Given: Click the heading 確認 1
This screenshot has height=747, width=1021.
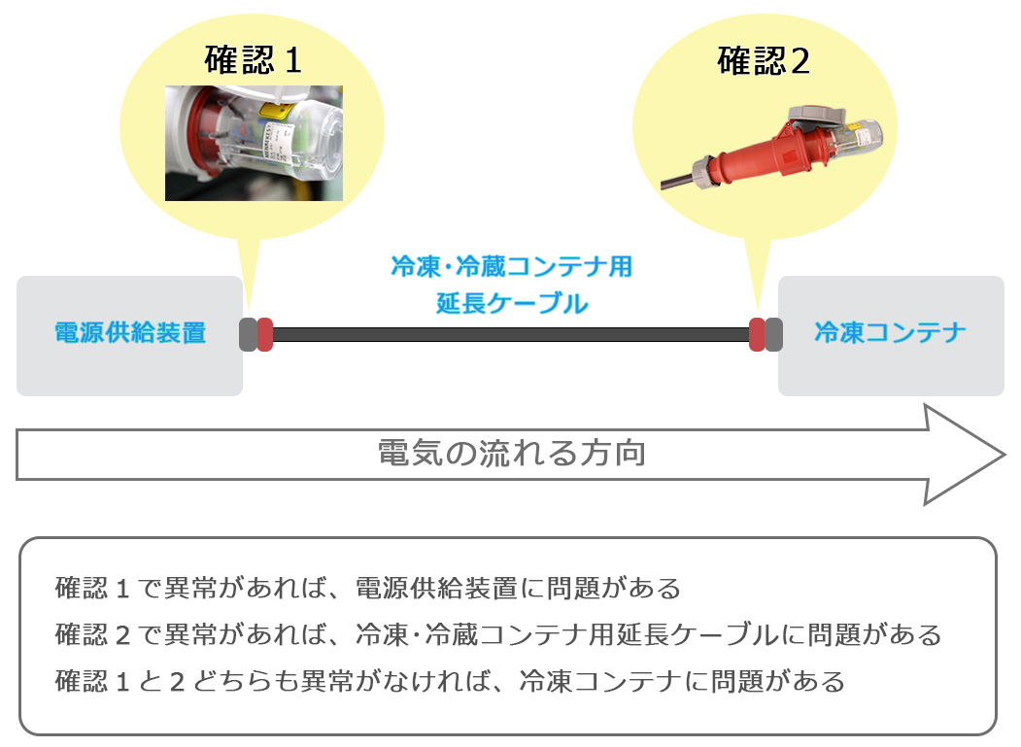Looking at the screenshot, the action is click(x=253, y=60).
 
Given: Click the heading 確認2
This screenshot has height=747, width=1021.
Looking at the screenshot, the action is click(x=764, y=60).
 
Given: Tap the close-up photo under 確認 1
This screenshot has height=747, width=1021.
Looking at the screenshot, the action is click(x=254, y=143).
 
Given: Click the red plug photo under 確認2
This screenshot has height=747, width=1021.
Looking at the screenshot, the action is click(x=772, y=149).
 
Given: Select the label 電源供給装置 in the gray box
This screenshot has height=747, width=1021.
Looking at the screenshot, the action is click(x=130, y=333).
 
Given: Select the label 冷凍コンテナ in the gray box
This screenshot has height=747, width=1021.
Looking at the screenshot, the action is click(x=890, y=332).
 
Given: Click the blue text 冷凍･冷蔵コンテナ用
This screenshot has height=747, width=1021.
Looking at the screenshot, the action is click(x=512, y=266).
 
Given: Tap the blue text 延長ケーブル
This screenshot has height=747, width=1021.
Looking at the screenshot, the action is click(x=512, y=303).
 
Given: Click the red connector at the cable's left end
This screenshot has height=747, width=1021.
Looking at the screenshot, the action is click(x=265, y=335).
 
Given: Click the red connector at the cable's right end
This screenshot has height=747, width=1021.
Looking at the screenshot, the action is click(x=757, y=335).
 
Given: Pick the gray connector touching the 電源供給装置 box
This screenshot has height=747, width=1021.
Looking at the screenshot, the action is click(x=248, y=335).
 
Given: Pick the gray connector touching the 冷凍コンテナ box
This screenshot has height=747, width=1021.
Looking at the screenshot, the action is click(x=773, y=335).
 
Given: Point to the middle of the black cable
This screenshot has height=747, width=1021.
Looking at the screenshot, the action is click(x=511, y=335).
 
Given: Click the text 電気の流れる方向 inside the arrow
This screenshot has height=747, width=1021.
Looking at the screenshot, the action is click(x=512, y=453).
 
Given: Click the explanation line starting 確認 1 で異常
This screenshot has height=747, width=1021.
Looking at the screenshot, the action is click(x=368, y=588).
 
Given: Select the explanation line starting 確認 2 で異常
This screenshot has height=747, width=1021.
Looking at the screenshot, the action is click(x=498, y=634).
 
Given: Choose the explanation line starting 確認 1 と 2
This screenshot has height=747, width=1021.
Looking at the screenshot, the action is click(x=450, y=681).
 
